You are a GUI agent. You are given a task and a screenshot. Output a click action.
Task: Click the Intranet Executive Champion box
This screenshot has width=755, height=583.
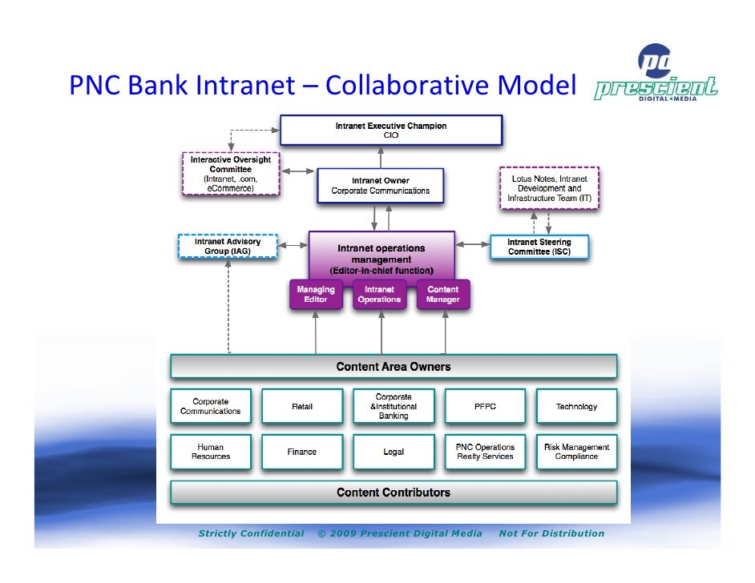391,131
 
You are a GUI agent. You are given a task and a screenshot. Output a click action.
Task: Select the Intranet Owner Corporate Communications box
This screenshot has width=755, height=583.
381,186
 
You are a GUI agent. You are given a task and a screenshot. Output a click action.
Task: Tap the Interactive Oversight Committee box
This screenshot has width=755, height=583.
231,174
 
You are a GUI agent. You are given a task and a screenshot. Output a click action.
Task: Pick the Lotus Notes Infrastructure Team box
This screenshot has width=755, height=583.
549,188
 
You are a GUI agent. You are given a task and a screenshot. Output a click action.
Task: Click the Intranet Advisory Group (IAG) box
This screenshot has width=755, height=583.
227,247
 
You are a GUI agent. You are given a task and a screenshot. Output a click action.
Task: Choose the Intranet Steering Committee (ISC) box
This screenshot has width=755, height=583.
539,247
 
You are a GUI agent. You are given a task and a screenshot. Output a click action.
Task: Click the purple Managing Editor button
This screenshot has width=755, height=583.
316,295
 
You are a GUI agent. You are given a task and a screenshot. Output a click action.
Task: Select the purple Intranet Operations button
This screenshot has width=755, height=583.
379,295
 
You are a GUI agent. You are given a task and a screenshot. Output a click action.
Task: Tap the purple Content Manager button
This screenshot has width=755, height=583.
443,295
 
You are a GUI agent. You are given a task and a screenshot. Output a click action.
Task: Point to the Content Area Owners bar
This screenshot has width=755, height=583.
394,367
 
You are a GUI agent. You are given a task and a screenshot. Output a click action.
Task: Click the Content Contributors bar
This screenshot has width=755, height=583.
394,493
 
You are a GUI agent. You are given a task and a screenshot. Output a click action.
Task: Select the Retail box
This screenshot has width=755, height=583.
302,407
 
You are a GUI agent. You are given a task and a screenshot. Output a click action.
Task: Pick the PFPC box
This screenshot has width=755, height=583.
485,407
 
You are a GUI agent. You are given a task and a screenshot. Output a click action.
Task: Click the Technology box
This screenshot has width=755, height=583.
576,407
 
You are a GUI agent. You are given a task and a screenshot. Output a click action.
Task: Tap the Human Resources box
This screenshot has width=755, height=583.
211,452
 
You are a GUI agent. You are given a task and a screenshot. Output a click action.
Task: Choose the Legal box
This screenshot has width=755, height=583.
394,452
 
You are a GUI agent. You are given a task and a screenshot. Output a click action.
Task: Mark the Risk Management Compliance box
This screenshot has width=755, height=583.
576,452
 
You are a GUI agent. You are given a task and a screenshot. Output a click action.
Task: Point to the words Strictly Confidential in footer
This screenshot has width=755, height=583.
251,533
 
